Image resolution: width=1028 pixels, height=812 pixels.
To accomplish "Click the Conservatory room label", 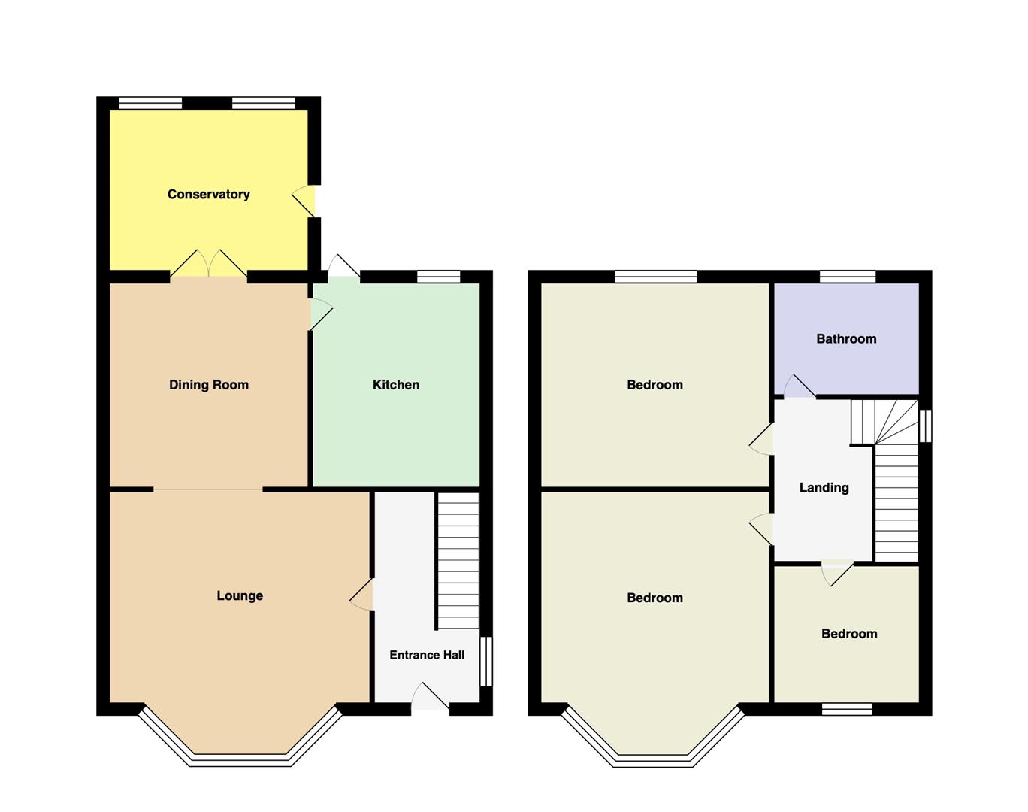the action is click(209, 195).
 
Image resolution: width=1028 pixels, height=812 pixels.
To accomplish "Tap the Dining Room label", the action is click(209, 385).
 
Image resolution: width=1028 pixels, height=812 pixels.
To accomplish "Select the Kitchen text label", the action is click(396, 385).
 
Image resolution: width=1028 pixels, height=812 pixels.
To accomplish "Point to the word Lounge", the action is click(240, 596).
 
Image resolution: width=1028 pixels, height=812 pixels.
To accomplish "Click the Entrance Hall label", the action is click(427, 655).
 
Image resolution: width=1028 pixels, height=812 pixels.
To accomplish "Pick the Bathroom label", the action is click(846, 339).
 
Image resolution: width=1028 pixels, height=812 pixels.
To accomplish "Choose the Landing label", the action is click(824, 487).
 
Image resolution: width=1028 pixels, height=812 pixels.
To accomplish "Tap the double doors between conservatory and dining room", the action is click(209, 263).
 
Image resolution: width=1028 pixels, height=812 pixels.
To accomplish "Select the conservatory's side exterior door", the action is click(304, 201).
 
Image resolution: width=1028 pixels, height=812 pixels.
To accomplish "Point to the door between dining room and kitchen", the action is click(321, 314).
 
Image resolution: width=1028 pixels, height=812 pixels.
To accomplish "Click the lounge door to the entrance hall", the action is click(361, 595).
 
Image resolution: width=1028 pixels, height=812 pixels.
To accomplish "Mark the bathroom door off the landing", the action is click(800, 386).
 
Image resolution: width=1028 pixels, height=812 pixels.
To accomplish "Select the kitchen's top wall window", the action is click(439, 277).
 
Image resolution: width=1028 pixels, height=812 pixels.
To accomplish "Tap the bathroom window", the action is click(848, 277).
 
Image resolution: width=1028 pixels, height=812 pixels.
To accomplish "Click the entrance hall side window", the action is click(485, 662).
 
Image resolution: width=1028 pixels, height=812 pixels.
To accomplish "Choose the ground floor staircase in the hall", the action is click(458, 560).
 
